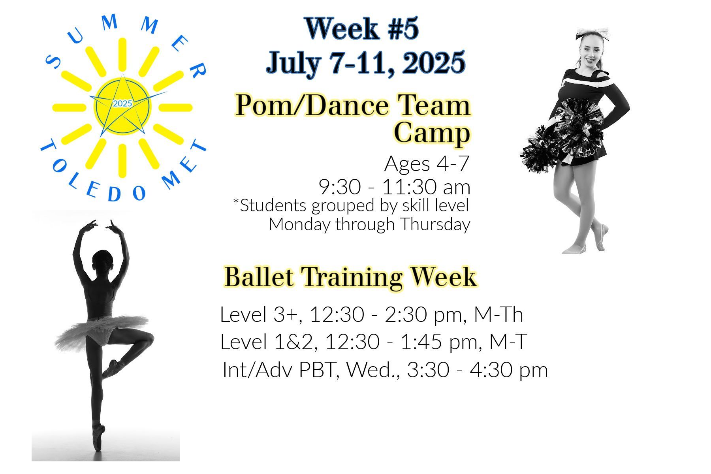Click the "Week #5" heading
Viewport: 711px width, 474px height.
click(x=361, y=28)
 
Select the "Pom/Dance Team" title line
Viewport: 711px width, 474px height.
click(x=353, y=105)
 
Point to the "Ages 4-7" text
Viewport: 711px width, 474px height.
click(x=427, y=164)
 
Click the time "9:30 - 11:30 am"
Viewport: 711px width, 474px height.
click(x=395, y=187)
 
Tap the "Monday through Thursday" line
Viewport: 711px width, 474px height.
click(x=369, y=224)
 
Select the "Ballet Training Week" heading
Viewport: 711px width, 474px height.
click(x=350, y=277)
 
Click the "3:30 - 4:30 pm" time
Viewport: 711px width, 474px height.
click(x=477, y=370)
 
